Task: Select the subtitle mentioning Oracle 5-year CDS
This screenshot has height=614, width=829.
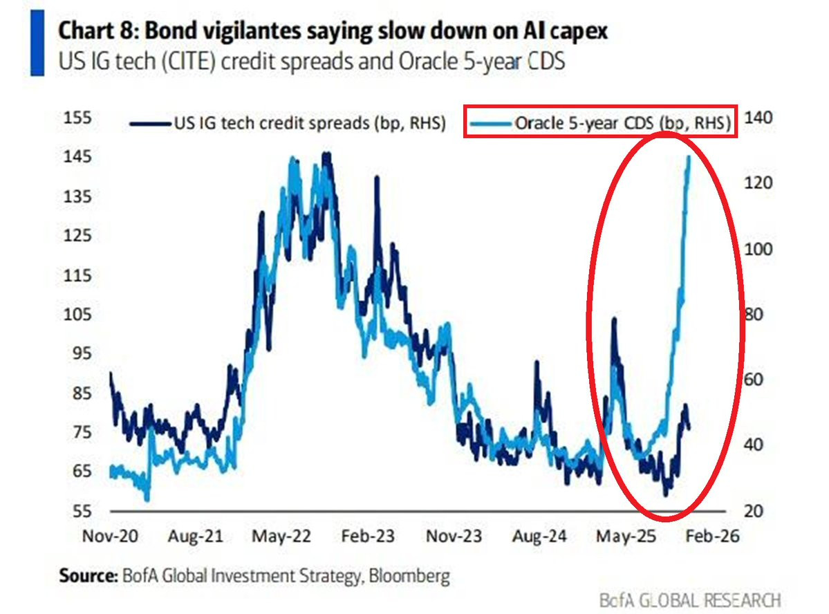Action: tap(312, 61)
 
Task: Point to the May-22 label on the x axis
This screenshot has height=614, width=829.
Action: tap(278, 537)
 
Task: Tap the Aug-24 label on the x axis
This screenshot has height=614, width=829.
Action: tap(537, 537)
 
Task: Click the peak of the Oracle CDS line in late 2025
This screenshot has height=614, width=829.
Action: tap(688, 158)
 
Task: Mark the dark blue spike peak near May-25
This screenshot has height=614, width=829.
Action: tap(613, 319)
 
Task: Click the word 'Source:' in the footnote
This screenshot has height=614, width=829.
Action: tap(86, 575)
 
